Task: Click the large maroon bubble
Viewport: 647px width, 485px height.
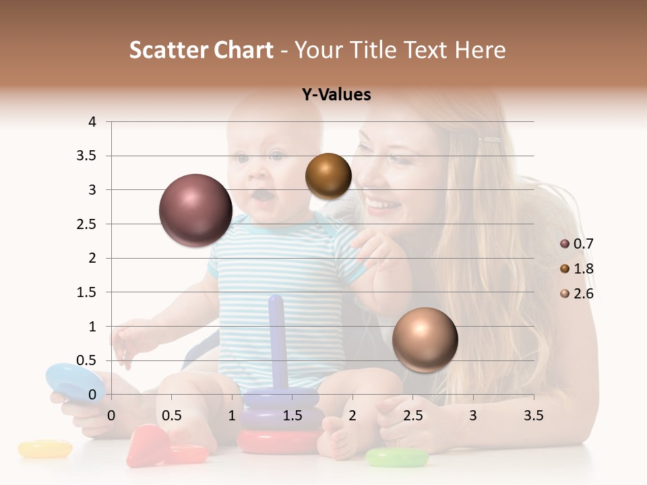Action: [x=195, y=210]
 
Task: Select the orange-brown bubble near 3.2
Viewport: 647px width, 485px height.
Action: [x=328, y=176]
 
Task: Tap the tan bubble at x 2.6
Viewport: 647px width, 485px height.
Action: [x=425, y=339]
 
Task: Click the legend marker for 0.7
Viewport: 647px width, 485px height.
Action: [x=565, y=244]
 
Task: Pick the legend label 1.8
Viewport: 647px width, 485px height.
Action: [x=583, y=269]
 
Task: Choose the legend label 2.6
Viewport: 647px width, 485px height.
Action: [x=583, y=294]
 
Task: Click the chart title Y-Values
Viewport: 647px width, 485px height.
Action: [x=336, y=95]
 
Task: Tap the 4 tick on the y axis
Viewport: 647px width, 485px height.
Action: [x=92, y=122]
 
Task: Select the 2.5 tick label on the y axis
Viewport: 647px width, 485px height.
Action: [x=87, y=224]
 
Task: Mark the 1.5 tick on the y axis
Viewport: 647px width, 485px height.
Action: [x=87, y=292]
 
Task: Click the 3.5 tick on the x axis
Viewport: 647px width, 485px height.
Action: [x=533, y=416]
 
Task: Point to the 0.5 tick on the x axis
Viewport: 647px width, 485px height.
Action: [x=171, y=416]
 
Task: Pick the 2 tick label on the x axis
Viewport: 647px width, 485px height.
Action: [x=352, y=416]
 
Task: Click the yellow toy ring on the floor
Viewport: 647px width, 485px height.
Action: [x=44, y=449]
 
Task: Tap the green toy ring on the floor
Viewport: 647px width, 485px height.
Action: [x=396, y=458]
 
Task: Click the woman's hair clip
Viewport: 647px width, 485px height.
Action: [x=489, y=140]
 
